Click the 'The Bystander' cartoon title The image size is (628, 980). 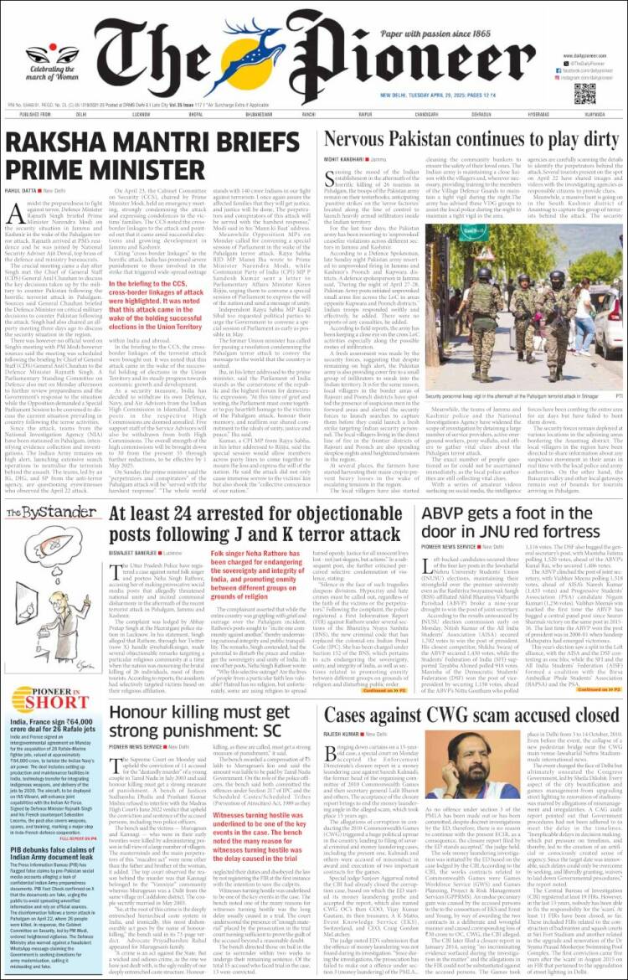click(49, 513)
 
